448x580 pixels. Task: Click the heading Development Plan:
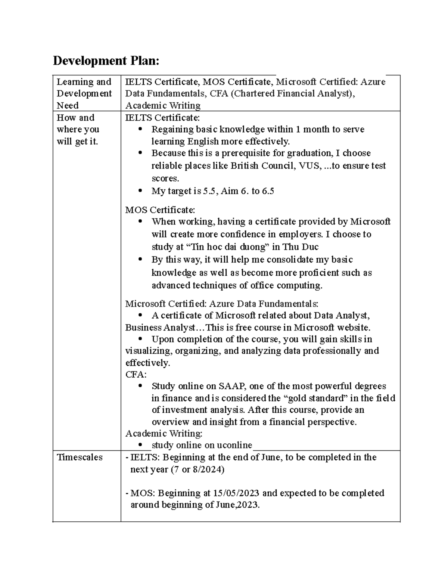pos(106,61)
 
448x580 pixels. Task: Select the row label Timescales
pos(80,457)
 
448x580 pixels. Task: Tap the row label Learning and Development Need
pos(84,93)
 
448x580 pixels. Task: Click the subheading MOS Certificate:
pos(160,210)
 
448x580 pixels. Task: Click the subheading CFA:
pos(136,374)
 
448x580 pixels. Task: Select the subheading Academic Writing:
pos(164,434)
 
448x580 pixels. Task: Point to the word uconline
pos(234,445)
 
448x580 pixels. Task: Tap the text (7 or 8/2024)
pos(197,469)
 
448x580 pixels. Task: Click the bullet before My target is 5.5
pos(140,191)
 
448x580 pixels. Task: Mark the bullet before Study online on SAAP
pos(140,386)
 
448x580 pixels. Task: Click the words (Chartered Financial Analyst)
pos(292,93)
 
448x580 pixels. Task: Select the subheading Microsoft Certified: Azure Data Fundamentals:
pos(222,303)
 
